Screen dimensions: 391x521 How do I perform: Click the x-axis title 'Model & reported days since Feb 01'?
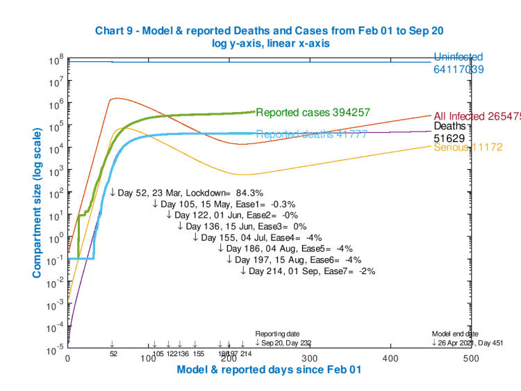click(x=269, y=370)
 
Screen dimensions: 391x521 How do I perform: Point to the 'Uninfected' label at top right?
click(x=458, y=57)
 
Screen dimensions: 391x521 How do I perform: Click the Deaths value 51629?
click(x=452, y=138)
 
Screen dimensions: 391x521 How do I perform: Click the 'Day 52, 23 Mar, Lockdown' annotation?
click(x=185, y=192)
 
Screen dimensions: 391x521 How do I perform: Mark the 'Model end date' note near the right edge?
click(x=454, y=334)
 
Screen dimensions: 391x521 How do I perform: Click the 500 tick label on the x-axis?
click(x=470, y=358)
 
